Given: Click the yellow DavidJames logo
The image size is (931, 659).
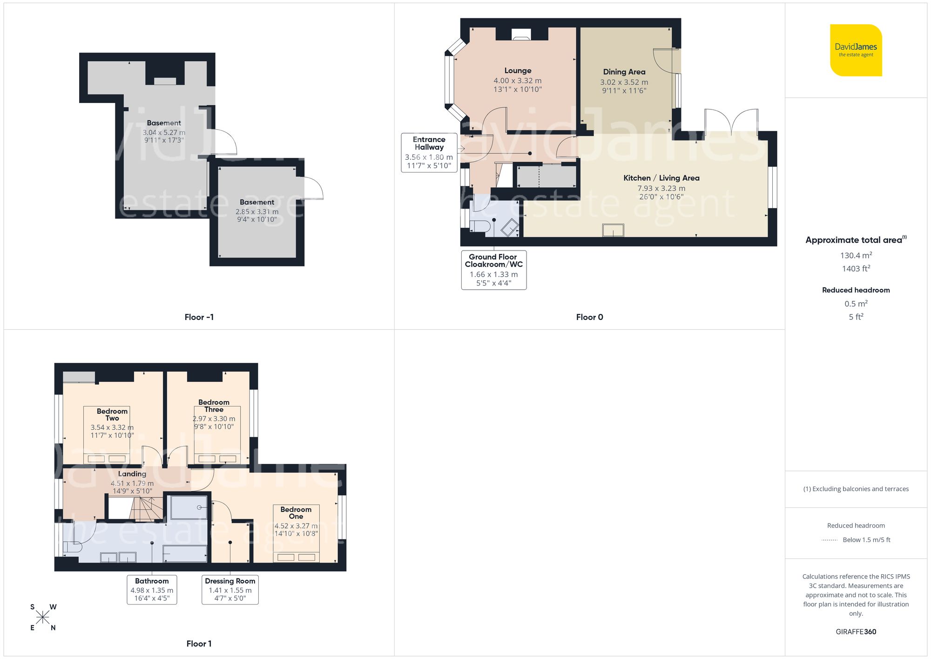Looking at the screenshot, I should click(x=856, y=50).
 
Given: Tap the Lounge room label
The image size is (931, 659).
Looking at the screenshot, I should click(x=518, y=71).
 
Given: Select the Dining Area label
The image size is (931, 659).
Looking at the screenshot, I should click(x=624, y=72).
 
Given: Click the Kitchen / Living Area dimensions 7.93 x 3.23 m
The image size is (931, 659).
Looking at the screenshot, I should click(x=661, y=188).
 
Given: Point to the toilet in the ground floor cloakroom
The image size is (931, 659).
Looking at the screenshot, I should click(x=480, y=227).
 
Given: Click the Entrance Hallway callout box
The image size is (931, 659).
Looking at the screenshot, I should click(x=429, y=152).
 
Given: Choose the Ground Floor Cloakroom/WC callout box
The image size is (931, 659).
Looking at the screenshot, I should click(x=493, y=270).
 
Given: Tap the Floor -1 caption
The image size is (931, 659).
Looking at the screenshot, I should click(x=199, y=317).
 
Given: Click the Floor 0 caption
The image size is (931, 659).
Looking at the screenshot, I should click(x=589, y=317).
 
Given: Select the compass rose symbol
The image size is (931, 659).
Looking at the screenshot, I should click(x=43, y=618).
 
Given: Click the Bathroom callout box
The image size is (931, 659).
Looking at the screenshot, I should click(x=152, y=590).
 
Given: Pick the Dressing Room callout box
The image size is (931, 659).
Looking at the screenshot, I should click(x=230, y=590).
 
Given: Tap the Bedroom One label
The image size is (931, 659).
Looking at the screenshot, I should click(x=296, y=513).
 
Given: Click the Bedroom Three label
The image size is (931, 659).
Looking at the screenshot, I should click(x=214, y=406).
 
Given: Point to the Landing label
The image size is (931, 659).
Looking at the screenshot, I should click(x=132, y=474).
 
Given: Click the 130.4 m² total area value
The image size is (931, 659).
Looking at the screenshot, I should click(x=856, y=255).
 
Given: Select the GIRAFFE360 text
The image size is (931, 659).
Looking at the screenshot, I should click(x=856, y=632).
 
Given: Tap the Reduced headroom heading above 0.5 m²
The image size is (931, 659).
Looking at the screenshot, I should click(x=856, y=290).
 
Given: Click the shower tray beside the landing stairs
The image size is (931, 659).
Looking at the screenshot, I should click(x=189, y=507).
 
